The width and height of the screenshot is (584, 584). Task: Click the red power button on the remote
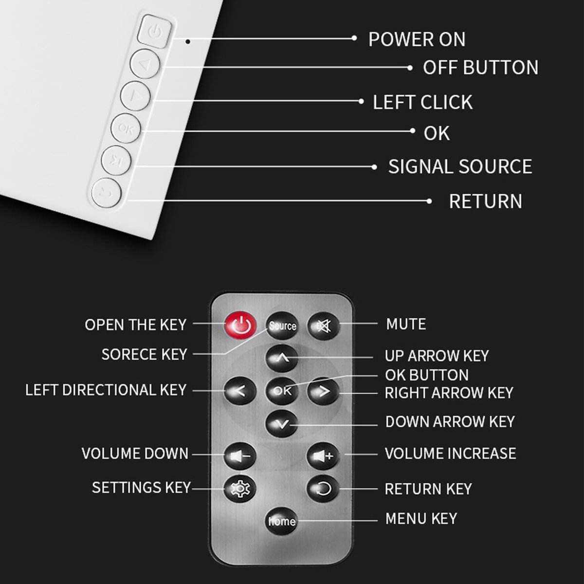click(x=240, y=326)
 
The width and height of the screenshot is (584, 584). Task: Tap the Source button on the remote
click(x=282, y=326)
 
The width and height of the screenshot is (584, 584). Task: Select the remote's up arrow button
click(x=282, y=358)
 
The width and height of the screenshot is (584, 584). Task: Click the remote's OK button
click(x=282, y=391)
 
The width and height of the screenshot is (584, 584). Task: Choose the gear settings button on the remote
click(x=240, y=489)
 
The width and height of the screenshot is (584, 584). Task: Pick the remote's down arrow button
click(x=282, y=424)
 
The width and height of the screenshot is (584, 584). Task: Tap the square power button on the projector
click(x=155, y=31)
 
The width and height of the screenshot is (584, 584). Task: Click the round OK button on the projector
click(x=126, y=128)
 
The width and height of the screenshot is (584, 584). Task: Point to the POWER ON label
click(x=417, y=39)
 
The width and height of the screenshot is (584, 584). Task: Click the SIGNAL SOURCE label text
click(x=460, y=167)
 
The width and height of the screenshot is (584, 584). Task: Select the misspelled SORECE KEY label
click(x=144, y=354)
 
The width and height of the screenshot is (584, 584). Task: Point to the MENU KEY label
click(x=421, y=518)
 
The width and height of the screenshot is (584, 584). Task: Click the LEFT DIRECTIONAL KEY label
click(x=106, y=390)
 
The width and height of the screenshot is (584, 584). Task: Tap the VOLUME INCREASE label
click(x=450, y=454)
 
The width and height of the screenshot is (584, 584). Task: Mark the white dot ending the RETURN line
click(x=429, y=201)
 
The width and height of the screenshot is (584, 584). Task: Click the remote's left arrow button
click(x=240, y=391)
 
